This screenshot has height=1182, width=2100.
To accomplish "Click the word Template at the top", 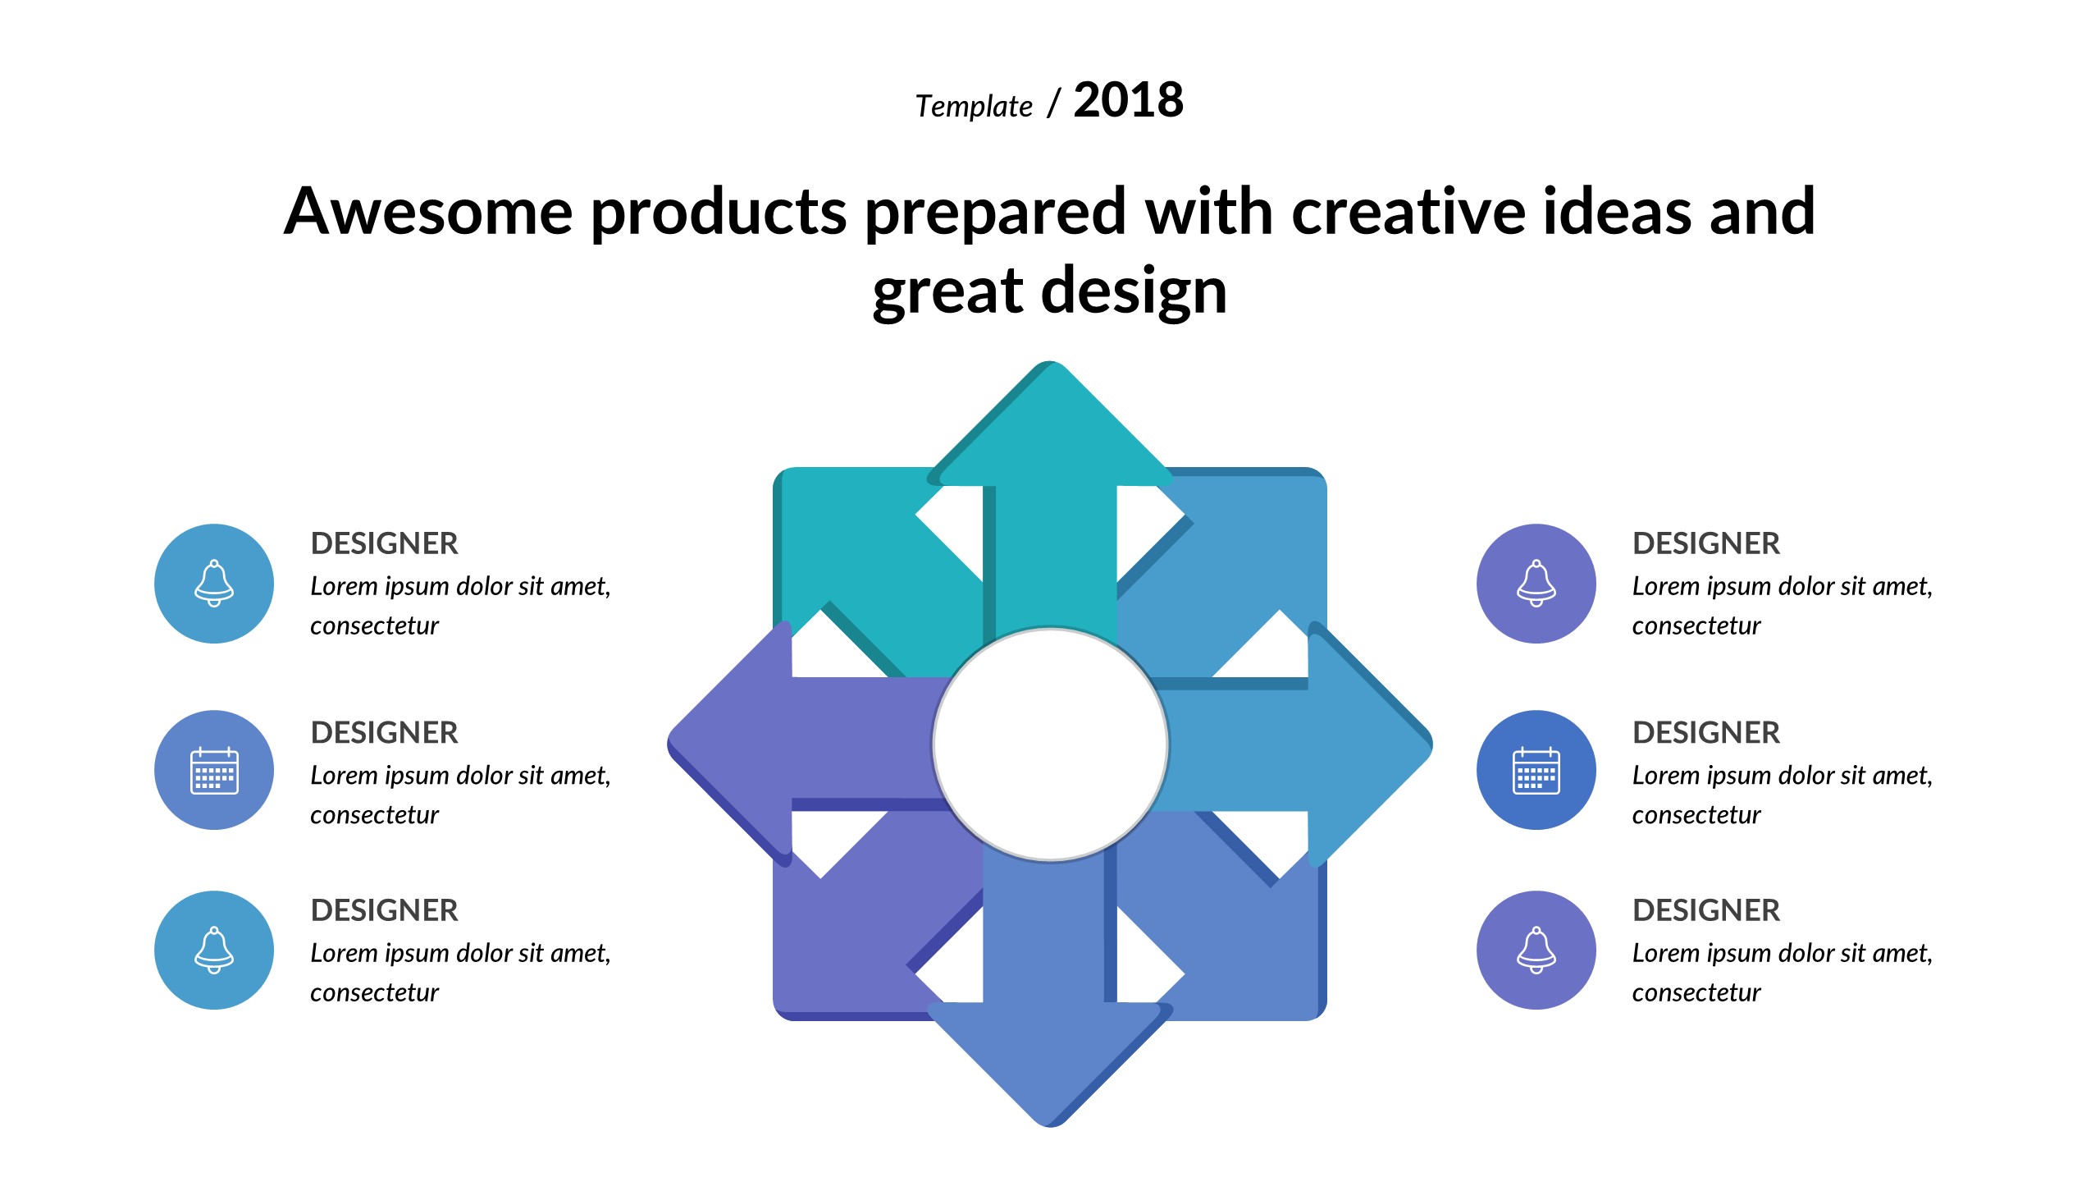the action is point(974,107).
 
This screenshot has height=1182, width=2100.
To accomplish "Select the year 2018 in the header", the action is point(1129,100).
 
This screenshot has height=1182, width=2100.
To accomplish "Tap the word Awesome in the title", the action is point(428,211).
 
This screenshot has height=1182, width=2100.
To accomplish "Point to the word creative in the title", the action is point(1408,211).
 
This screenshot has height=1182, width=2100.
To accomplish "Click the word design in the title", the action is point(1134,293).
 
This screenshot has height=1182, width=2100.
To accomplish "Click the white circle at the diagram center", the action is point(1051,744).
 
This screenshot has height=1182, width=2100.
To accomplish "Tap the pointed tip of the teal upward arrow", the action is point(1050,362).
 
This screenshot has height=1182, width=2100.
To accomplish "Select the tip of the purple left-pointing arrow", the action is point(669,742).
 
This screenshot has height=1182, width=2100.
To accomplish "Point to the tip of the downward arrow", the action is point(1050,1126).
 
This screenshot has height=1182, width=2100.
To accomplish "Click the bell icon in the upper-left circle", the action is point(214,584).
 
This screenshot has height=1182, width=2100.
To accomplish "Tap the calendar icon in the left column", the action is point(214,771).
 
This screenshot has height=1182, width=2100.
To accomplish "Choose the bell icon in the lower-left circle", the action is point(214,951).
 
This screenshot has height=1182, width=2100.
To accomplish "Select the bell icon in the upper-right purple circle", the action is point(1536,584).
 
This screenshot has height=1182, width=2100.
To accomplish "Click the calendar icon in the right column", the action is point(1536,771).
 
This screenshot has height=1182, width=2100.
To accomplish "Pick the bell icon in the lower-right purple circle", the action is point(1536,951).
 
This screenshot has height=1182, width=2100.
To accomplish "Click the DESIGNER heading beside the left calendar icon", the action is point(384,732).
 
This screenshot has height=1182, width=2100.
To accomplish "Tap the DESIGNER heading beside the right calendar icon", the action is point(1706,732).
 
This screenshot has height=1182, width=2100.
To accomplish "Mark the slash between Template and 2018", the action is point(1054,103).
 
